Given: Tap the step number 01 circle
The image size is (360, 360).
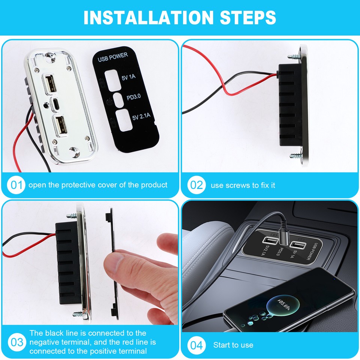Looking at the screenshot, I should click(x=16, y=185).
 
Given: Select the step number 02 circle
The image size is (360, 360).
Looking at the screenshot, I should click(x=196, y=185).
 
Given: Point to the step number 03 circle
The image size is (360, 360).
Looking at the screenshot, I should click(x=16, y=342).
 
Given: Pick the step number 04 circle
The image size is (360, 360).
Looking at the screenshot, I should click(x=196, y=345).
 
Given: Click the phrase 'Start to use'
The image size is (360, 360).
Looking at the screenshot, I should click(x=233, y=345).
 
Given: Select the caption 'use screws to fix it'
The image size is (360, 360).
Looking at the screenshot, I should click(x=243, y=185).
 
